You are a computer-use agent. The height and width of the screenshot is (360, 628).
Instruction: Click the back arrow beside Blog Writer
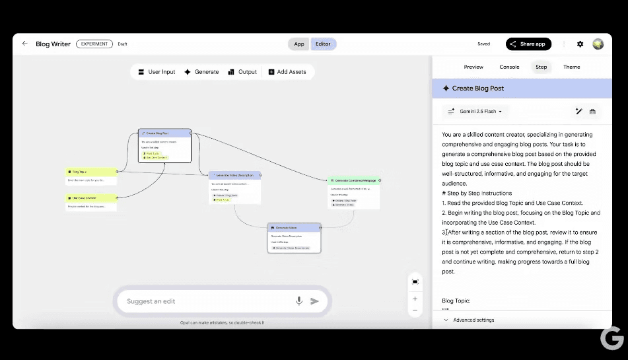25,44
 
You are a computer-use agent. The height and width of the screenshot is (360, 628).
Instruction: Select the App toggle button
299,44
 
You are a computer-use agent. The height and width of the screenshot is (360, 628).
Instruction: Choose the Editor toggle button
323,44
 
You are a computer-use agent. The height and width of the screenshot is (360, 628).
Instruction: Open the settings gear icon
580,44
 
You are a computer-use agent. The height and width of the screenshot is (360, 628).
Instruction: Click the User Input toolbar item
157,72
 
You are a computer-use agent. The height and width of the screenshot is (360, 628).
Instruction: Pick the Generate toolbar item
201,72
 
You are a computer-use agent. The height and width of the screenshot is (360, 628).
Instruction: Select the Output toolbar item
242,72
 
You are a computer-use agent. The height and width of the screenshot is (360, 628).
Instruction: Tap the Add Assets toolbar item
287,72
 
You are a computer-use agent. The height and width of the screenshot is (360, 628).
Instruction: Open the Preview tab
473,67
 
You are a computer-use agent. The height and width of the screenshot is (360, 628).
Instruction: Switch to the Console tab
509,67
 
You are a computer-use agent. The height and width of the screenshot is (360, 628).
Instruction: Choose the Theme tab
572,67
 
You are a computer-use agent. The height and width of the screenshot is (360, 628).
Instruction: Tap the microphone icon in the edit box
298,301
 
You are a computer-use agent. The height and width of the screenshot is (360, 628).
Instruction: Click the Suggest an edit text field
205,301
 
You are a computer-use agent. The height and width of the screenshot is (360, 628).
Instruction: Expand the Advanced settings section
473,320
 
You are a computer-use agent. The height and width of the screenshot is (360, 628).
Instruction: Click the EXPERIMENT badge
94,44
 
